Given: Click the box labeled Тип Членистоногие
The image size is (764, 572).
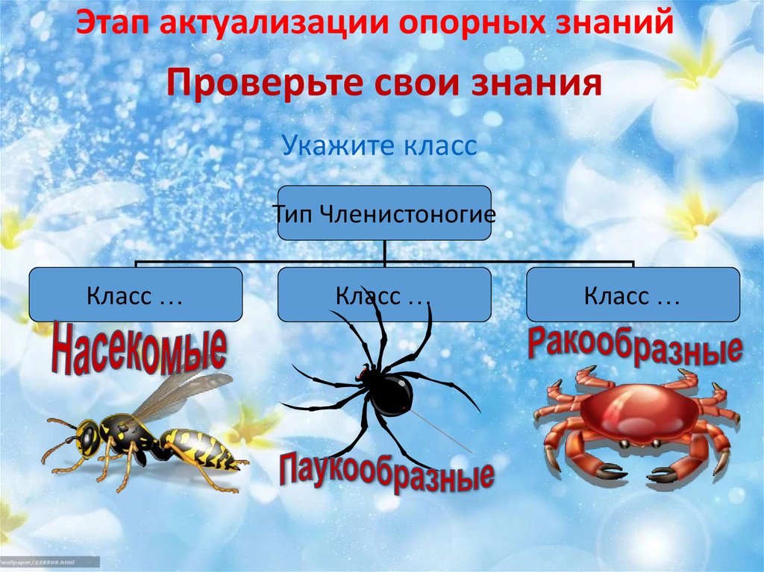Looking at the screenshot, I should tap(384, 213).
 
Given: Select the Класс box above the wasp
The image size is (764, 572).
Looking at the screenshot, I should tap(135, 295).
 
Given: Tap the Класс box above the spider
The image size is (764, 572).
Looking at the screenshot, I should tap(384, 295).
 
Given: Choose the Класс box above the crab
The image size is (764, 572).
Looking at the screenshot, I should tap(633, 295).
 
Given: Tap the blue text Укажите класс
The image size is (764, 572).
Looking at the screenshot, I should tap(379, 145).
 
